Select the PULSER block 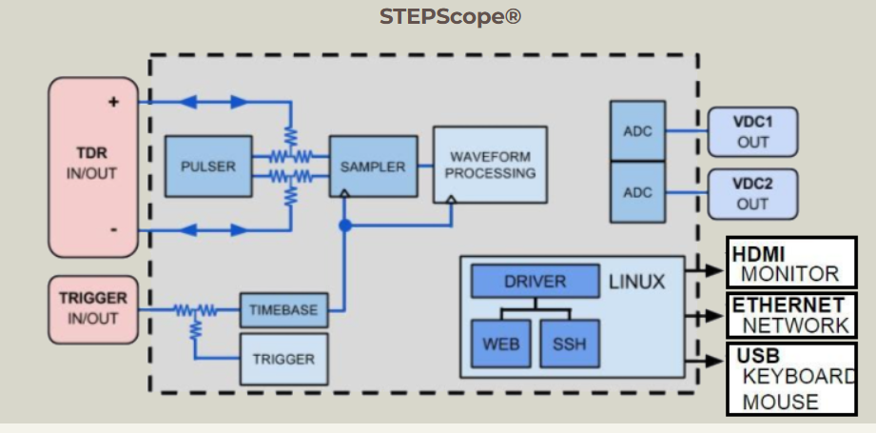(x=208, y=166)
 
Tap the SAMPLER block (x=372, y=167)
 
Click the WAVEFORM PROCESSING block (x=491, y=165)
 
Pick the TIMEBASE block (x=282, y=309)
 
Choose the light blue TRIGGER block (x=282, y=359)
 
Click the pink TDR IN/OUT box (x=93, y=167)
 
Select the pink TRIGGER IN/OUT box (x=92, y=308)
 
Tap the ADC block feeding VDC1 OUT (x=637, y=131)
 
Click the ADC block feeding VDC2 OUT (x=637, y=191)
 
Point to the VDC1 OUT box (x=752, y=131)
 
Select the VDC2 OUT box (x=752, y=193)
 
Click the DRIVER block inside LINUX (x=535, y=282)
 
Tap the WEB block (x=500, y=344)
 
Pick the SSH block (x=570, y=344)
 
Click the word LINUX (x=636, y=282)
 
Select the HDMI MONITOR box (x=787, y=264)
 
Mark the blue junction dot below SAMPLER (x=344, y=226)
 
